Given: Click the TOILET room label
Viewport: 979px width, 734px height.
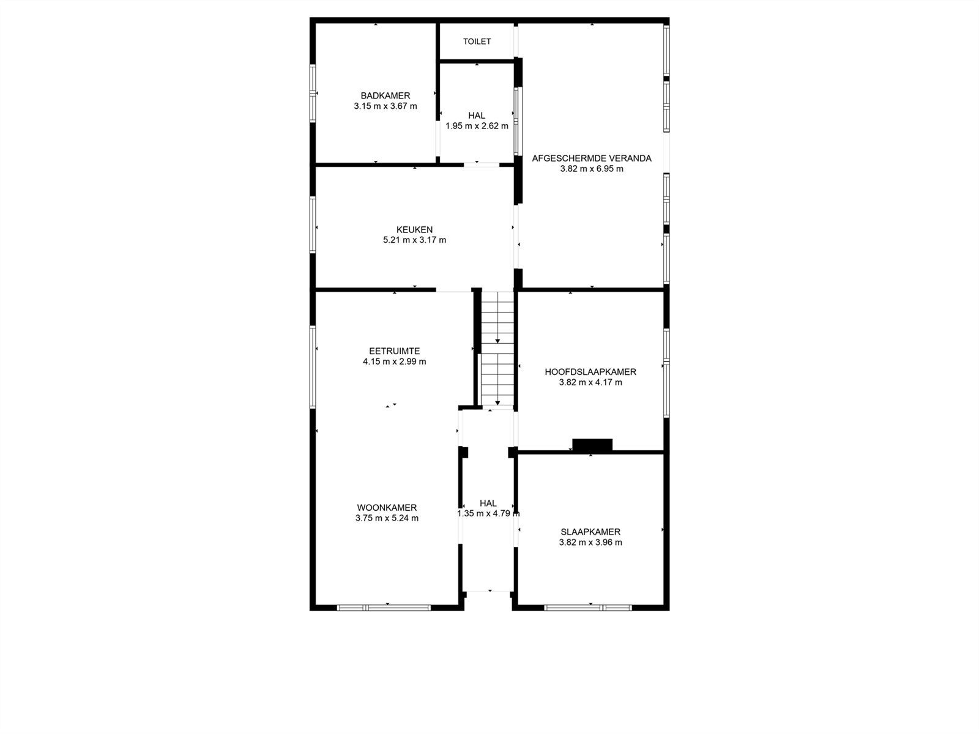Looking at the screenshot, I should [477, 42].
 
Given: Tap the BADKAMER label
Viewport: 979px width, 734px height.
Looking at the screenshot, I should [385, 95].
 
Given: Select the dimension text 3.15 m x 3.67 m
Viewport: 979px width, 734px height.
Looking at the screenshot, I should [385, 106].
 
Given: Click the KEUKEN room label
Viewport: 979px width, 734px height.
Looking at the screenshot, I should [414, 229].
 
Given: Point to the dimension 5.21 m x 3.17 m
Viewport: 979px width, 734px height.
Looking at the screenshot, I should [414, 240].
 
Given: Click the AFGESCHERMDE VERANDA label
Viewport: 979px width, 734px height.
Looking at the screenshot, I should [592, 158].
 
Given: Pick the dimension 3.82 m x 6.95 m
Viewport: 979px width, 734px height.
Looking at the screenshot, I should [592, 169].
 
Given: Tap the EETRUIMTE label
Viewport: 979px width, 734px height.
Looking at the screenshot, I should [394, 351].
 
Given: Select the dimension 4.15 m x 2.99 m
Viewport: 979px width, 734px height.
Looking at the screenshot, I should [394, 361].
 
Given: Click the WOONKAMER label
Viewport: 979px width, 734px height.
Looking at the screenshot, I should [387, 508].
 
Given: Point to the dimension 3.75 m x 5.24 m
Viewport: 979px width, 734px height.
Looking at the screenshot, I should [387, 518].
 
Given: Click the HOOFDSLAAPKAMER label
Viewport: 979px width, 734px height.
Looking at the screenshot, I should [590, 372].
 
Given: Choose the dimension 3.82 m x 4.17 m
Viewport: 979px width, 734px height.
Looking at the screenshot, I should [590, 382].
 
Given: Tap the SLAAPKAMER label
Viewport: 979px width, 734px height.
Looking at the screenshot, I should [590, 532].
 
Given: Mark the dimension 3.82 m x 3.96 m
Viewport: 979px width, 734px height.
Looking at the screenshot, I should [590, 543].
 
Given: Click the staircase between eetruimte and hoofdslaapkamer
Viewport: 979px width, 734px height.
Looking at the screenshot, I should [497, 349].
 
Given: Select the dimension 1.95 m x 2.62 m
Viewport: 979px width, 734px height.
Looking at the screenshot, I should [477, 127].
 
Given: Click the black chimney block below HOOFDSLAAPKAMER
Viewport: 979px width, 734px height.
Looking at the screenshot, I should [592, 445].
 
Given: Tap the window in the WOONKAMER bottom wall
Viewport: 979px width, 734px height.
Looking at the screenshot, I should [384, 607].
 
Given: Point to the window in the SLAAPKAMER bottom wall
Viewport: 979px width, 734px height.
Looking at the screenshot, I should [587, 607].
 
